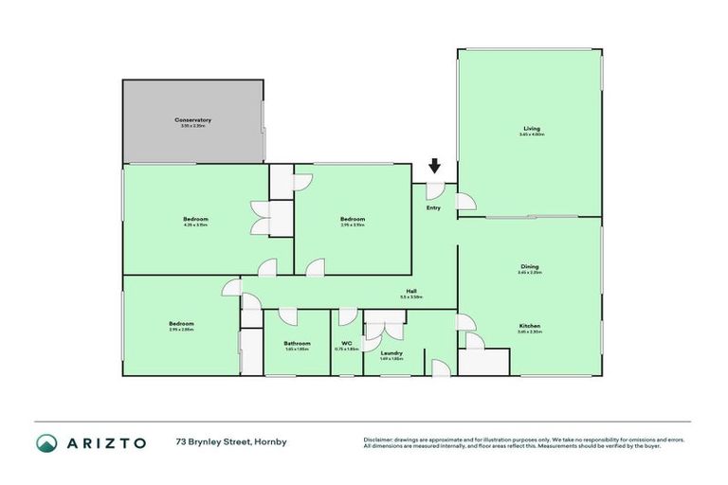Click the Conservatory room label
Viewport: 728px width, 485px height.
click(x=192, y=120)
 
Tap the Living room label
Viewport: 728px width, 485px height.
click(x=531, y=128)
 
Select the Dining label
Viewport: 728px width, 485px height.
click(x=530, y=266)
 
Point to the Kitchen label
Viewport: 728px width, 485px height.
click(x=530, y=325)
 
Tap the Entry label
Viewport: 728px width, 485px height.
click(x=434, y=208)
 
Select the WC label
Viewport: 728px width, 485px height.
click(x=346, y=343)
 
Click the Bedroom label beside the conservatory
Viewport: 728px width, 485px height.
click(x=195, y=219)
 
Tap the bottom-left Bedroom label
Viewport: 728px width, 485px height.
click(x=181, y=323)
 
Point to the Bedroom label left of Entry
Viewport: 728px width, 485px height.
click(x=353, y=219)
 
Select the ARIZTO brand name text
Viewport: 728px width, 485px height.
click(x=106, y=442)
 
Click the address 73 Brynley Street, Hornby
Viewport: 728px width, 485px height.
click(x=230, y=442)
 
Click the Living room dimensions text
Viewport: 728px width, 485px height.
click(x=531, y=135)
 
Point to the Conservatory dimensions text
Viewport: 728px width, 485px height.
click(x=192, y=127)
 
